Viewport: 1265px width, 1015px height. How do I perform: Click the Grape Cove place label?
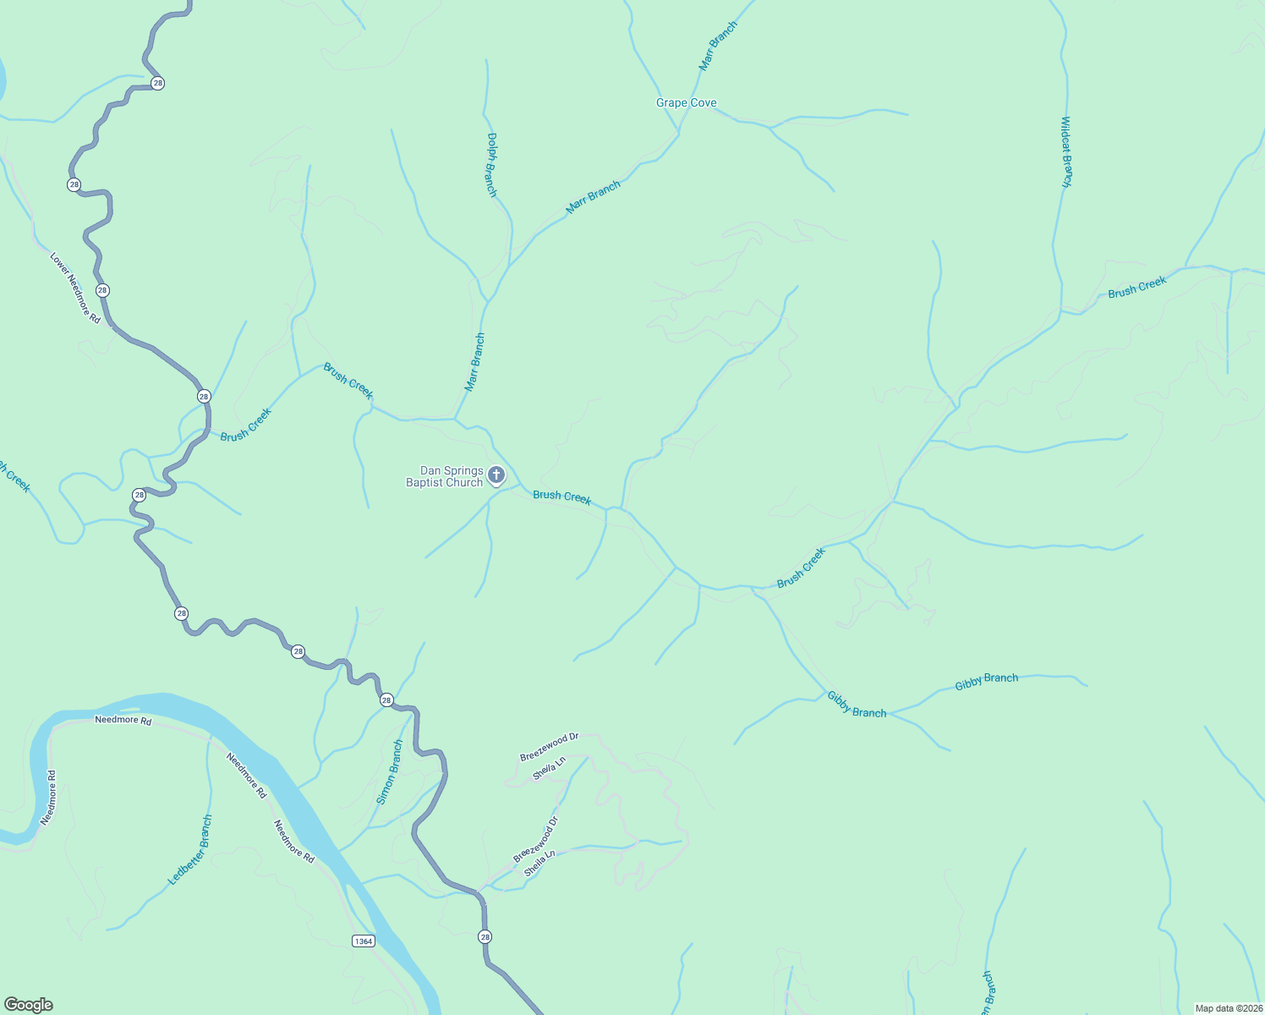coord(686,103)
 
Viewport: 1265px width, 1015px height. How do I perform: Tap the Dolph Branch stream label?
coord(491,165)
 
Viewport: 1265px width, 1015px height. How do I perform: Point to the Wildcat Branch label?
coord(1066,152)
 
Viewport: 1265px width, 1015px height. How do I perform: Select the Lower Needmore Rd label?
coord(75,288)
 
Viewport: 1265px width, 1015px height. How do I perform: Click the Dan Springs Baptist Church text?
coord(445,477)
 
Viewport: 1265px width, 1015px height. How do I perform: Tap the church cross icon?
coord(496,475)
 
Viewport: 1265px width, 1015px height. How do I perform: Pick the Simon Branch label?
coord(390,772)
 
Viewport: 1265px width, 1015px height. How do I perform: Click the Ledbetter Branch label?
coord(190,850)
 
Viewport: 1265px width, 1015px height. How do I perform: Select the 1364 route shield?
coord(363,941)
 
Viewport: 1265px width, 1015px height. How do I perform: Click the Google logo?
coord(28,1005)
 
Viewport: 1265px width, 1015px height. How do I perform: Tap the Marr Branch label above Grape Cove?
coord(718,46)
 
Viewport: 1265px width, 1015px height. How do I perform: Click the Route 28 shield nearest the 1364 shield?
coord(485,936)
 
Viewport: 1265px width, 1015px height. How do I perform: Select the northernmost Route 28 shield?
coord(157,83)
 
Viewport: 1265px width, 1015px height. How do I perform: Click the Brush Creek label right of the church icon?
coord(561,497)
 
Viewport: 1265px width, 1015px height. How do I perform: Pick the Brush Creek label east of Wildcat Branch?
coord(1136,288)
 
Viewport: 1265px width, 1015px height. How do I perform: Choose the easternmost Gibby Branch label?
coord(986,681)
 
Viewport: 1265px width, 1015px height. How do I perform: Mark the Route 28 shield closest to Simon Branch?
coord(386,700)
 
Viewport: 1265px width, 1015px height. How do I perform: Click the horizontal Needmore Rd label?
coord(123,721)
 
